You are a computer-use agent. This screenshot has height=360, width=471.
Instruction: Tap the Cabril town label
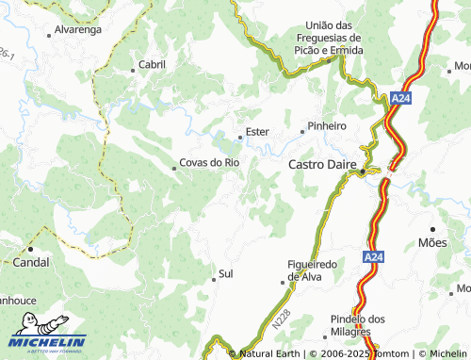152,64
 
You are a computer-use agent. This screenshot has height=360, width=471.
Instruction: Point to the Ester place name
257,132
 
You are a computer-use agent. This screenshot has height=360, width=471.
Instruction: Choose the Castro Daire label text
321,164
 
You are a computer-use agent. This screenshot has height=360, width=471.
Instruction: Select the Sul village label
225,274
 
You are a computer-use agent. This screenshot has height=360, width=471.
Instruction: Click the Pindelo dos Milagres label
358,325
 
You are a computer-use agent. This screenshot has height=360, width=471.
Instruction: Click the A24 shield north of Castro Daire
401,98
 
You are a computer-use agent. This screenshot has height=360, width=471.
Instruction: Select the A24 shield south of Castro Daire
373,255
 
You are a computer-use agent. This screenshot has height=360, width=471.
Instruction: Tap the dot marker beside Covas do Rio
174,169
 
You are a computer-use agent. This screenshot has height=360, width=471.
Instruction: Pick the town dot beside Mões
432,229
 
